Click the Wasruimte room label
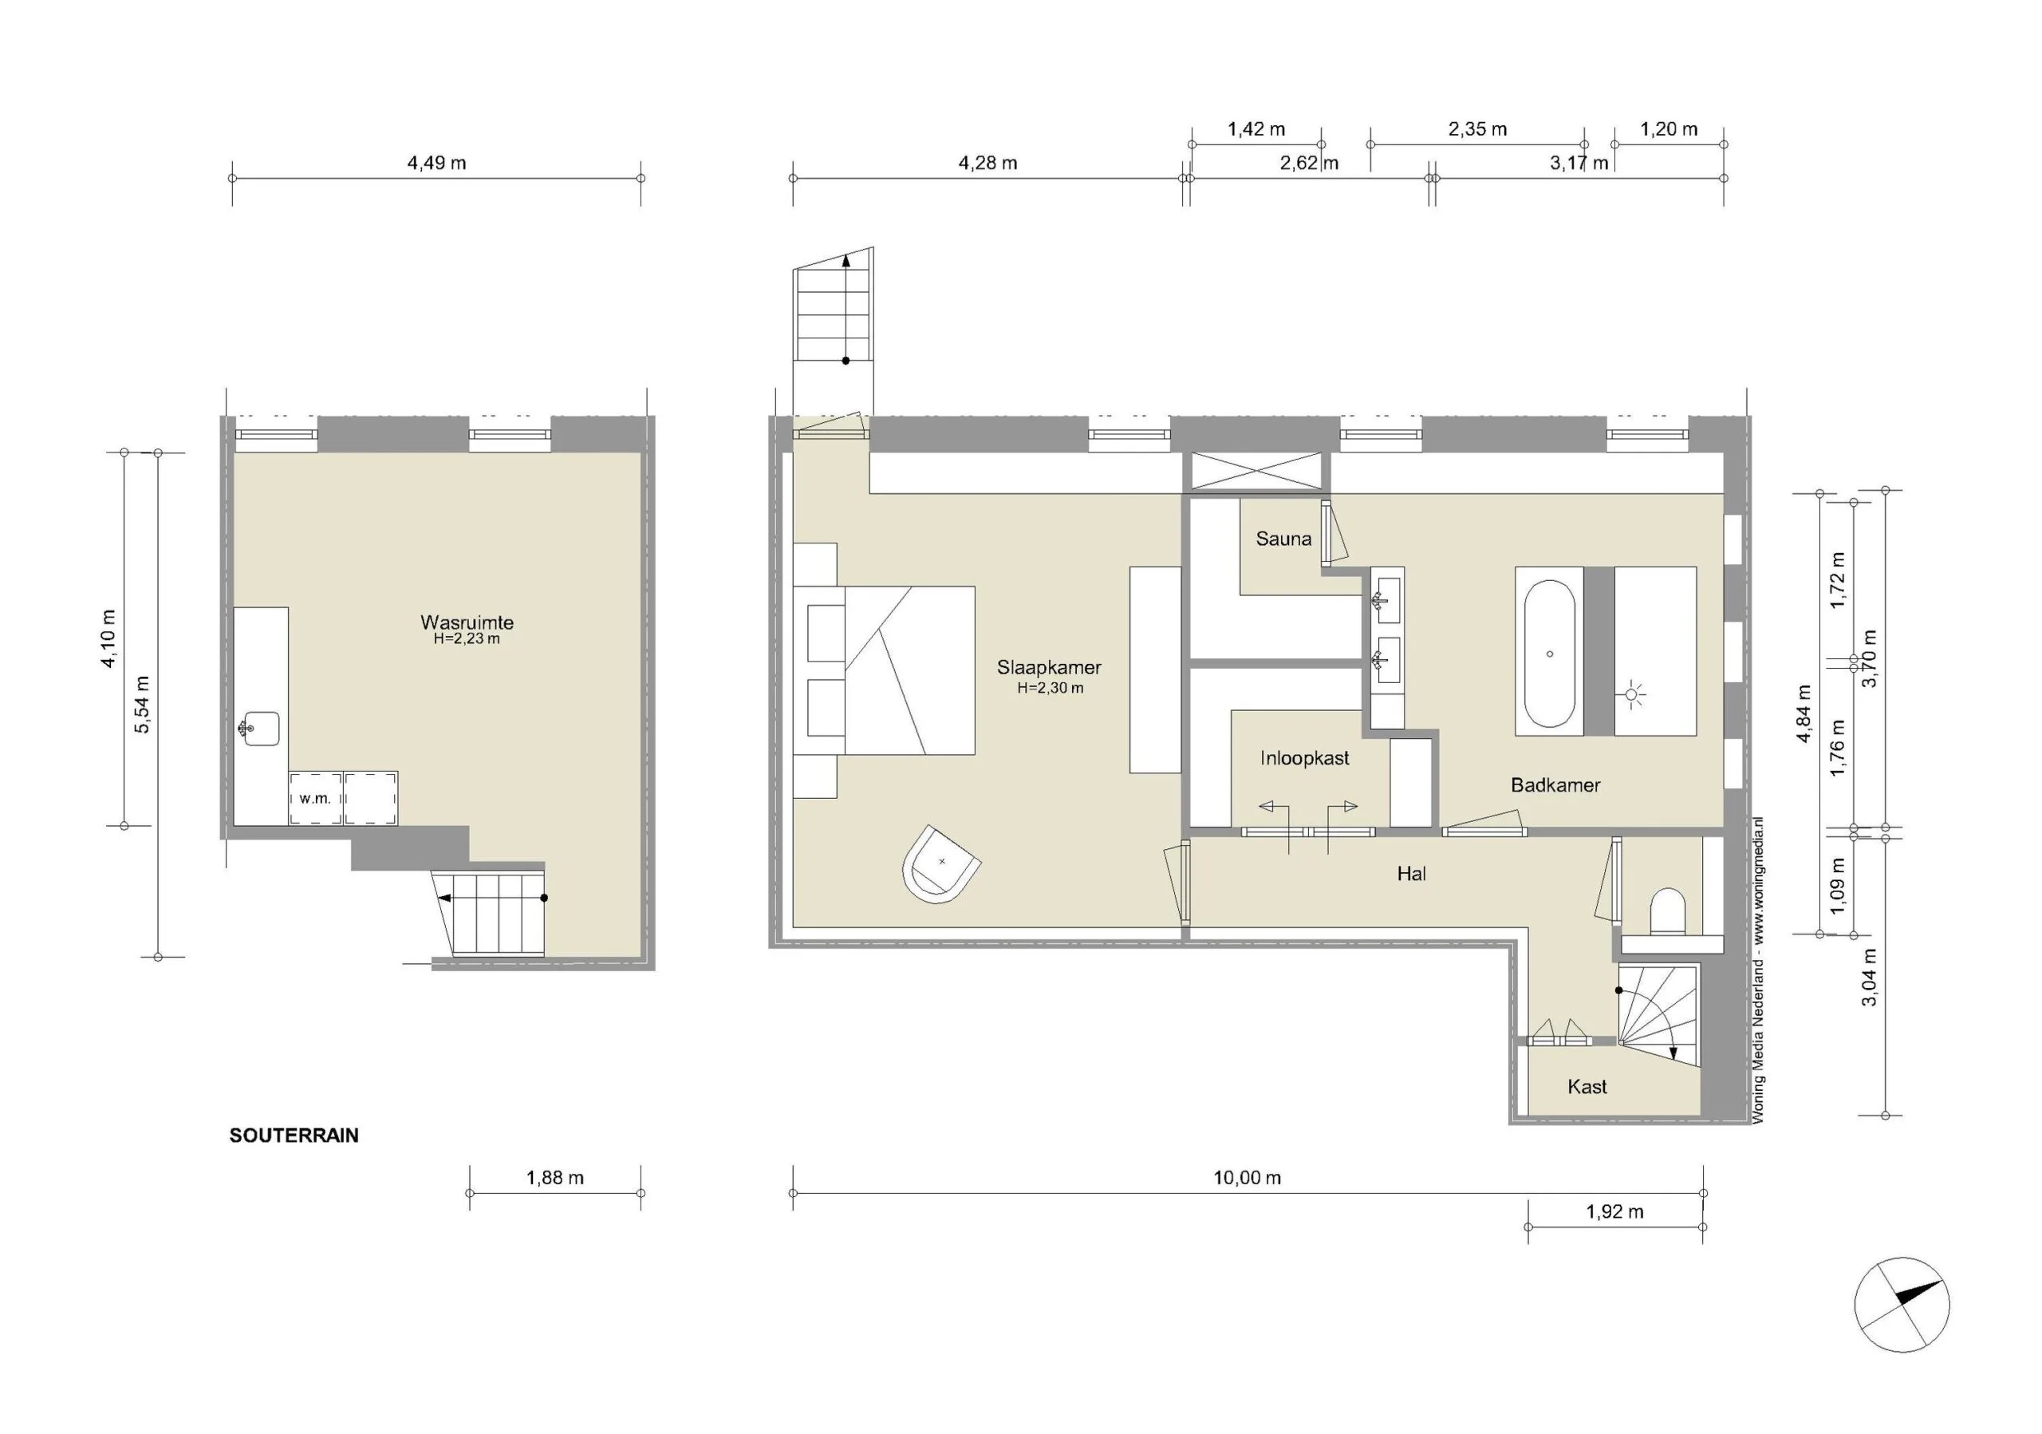(467, 622)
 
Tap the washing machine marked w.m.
(316, 798)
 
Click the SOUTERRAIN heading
(294, 1136)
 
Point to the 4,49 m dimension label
(436, 163)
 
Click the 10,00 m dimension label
(1247, 1178)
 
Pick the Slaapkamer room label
(1050, 667)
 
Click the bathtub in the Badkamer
(1550, 654)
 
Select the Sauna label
(1283, 538)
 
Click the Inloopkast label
(1305, 758)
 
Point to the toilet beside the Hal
(1668, 911)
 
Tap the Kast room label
(1587, 1086)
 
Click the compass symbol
(1902, 1306)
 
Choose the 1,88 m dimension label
(555, 1178)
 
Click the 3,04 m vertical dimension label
(1871, 977)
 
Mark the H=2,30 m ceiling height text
(1051, 688)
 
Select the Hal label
(1411, 875)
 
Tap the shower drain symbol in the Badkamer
(1632, 695)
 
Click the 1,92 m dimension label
(1615, 1211)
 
